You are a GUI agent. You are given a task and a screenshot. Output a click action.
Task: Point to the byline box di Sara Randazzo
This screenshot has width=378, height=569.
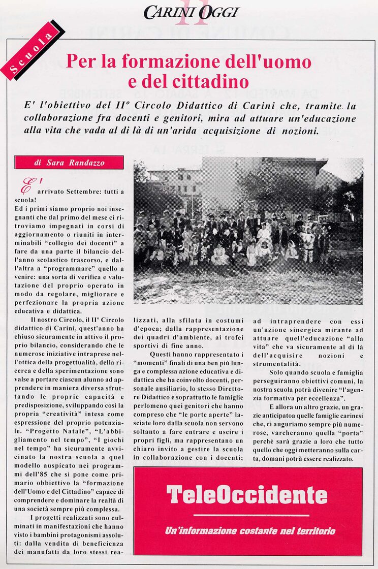(x=69, y=163)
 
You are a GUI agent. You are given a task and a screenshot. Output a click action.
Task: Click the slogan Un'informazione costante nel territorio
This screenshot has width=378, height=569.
(x=250, y=531)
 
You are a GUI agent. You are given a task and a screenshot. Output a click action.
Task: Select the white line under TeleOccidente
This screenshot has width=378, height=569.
(x=251, y=515)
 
